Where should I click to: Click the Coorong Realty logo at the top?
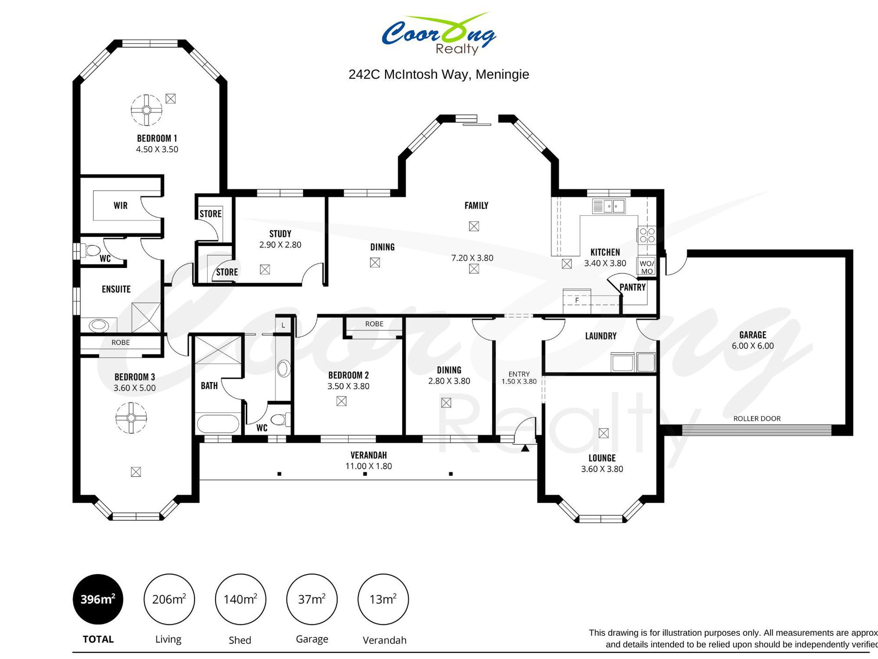coord(439,34)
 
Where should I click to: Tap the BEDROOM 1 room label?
coord(157,138)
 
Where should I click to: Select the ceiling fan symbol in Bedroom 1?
coord(147,110)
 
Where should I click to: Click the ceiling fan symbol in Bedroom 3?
coord(131,418)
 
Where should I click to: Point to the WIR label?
coord(120,206)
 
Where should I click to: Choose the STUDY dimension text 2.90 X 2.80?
coord(280,245)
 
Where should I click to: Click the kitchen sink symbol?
coord(608,206)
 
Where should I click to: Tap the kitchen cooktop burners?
coord(647,235)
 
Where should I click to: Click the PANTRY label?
coord(633,287)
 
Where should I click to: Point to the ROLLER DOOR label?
coord(757,419)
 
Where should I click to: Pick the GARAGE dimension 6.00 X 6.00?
coord(752,346)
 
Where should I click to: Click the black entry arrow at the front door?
coord(525,448)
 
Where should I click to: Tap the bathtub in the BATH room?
coord(218,424)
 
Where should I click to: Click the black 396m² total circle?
coord(98,599)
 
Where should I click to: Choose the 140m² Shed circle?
coord(241,599)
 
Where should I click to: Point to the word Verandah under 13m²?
coord(385,640)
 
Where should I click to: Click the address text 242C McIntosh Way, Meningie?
coord(439,74)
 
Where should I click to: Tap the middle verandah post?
coord(365,474)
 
